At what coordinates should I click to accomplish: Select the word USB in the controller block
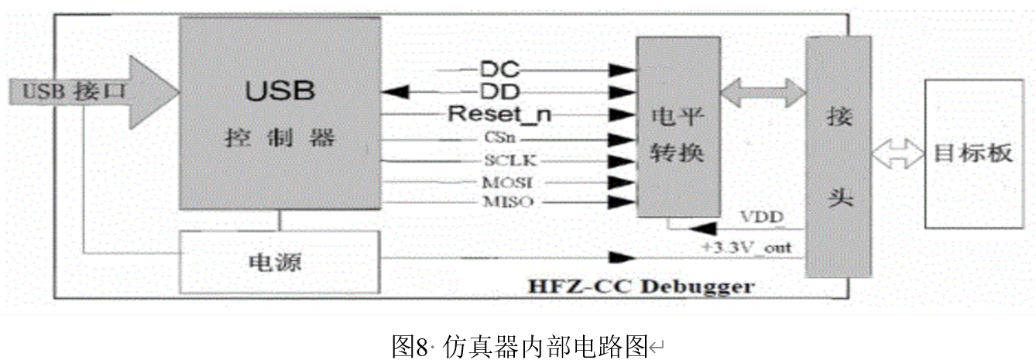(x=280, y=91)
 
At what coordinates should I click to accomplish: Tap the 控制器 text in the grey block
(x=280, y=139)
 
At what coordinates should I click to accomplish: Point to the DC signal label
(x=500, y=70)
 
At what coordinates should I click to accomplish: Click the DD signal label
(x=500, y=92)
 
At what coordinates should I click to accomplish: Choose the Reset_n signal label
(x=500, y=115)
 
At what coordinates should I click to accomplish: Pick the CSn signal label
(x=499, y=139)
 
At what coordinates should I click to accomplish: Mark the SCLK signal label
(x=499, y=161)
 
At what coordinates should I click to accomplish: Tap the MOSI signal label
(x=499, y=183)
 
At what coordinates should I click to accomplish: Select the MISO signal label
(x=499, y=203)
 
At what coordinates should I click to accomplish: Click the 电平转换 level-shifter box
(x=677, y=128)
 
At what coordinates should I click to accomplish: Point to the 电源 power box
(x=280, y=262)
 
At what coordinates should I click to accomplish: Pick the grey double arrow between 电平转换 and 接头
(x=762, y=93)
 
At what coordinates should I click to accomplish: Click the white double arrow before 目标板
(x=897, y=153)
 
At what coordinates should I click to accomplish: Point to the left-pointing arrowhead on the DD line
(x=396, y=92)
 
